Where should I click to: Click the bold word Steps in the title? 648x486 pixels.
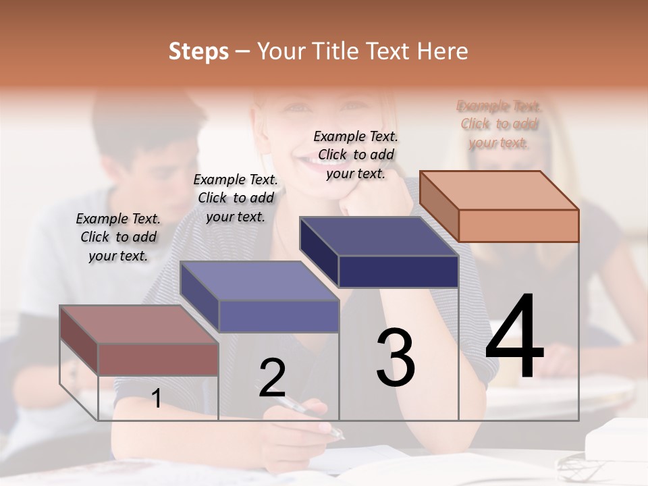(x=198, y=51)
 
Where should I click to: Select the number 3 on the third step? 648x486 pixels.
(x=396, y=358)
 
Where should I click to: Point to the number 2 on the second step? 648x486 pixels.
(x=272, y=378)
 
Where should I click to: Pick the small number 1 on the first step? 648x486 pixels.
(x=157, y=398)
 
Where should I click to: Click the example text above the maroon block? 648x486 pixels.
(x=118, y=237)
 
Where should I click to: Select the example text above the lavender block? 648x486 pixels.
(x=236, y=198)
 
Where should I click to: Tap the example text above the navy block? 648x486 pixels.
(x=356, y=155)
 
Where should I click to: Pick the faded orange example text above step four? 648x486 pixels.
(x=499, y=124)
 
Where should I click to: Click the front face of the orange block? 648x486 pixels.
(x=518, y=225)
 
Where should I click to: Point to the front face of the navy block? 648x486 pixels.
(x=398, y=272)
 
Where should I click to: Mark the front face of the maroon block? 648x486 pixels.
(x=158, y=359)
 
